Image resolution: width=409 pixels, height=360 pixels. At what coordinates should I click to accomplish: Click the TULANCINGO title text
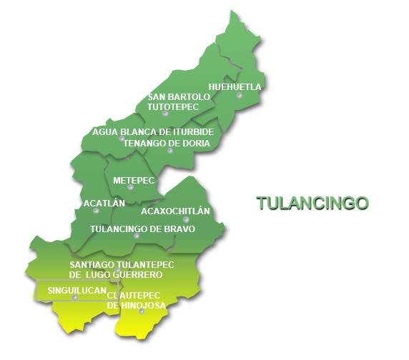tap(312, 203)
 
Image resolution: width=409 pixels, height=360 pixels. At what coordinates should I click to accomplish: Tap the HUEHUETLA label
tap(235, 87)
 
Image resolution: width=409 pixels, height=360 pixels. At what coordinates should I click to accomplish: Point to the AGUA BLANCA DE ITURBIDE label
tap(153, 132)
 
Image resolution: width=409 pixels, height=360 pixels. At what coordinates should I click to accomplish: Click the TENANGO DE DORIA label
tap(167, 143)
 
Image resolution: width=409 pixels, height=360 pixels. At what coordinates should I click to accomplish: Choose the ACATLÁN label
tap(104, 203)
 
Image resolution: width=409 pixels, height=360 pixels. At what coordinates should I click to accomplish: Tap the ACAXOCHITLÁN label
tap(175, 211)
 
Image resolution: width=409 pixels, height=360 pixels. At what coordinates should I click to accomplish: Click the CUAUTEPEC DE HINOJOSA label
tap(137, 300)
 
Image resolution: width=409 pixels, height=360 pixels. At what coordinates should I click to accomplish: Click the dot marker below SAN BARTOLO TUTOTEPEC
tap(165, 113)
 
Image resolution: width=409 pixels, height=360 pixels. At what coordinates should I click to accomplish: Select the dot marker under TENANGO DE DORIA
tap(170, 151)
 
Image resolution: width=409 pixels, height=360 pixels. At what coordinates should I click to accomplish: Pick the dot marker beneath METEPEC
tap(130, 187)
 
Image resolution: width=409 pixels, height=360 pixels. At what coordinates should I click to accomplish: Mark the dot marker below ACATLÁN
tap(97, 211)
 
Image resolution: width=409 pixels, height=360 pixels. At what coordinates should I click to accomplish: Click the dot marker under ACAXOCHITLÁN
tap(186, 219)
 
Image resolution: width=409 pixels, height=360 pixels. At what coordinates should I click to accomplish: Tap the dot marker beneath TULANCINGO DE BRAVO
tap(137, 236)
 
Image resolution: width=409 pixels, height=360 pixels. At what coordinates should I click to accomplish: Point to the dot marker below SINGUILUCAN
tap(74, 298)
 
